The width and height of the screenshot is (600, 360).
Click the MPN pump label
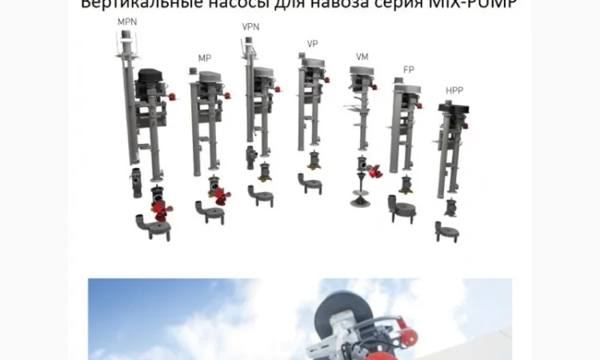(127, 22)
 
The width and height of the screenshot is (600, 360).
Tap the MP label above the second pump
(205, 58)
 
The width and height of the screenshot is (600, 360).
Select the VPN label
(251, 27)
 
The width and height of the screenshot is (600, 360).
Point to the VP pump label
(312, 44)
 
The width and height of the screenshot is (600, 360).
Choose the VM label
(362, 57)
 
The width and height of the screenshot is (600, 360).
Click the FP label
(409, 70)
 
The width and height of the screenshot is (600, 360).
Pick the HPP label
(454, 91)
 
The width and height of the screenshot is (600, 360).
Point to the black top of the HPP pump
(454, 107)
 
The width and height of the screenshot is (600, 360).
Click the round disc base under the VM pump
(360, 200)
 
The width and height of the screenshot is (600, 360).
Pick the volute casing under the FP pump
(402, 210)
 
